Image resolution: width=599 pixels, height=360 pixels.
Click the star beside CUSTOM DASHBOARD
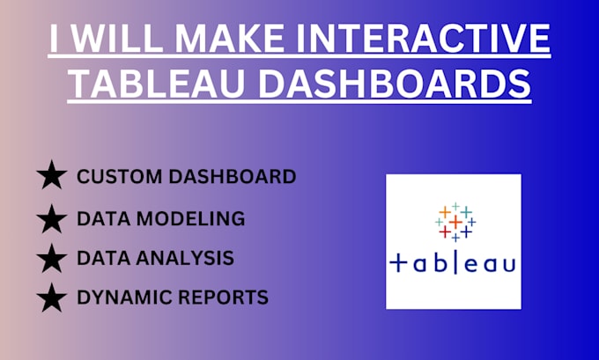[52, 176]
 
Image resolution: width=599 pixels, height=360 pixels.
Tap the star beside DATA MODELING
[52, 217]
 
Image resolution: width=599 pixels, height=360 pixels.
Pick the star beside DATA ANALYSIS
[52, 258]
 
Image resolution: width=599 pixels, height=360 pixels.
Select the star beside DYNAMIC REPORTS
[52, 298]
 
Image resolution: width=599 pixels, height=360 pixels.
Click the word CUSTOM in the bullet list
[114, 176]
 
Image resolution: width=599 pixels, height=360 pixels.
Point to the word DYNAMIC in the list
[115, 298]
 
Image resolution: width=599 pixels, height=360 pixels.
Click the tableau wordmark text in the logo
[453, 262]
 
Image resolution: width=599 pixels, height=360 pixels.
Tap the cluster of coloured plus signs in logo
[455, 223]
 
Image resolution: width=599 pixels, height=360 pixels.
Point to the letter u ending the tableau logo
[507, 263]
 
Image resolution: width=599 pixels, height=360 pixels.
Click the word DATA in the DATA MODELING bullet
[101, 217]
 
